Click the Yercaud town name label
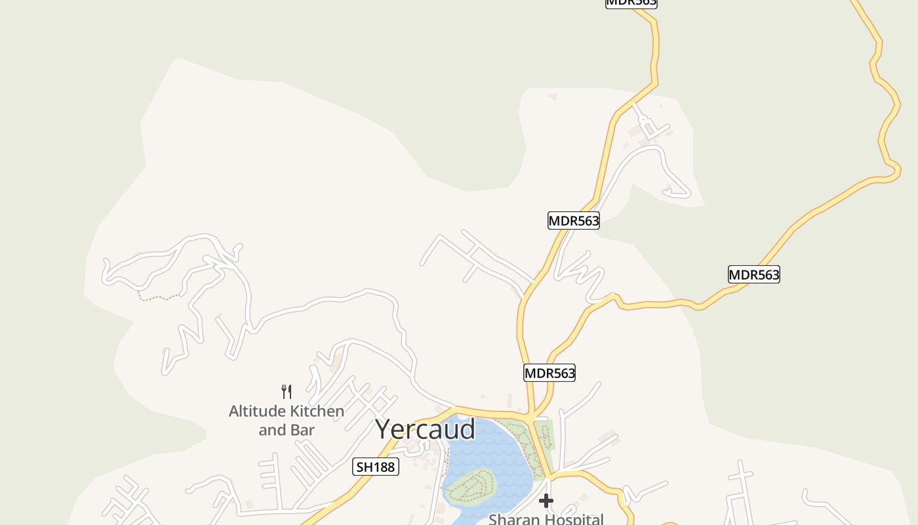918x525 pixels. (425, 429)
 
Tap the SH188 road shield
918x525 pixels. (376, 467)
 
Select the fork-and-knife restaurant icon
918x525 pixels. (287, 392)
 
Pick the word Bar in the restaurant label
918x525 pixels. (304, 430)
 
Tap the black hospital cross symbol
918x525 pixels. (546, 501)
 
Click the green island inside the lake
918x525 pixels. (470, 485)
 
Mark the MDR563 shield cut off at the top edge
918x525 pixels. (631, 3)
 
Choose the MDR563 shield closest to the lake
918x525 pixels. (549, 373)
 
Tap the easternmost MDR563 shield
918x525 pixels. (754, 274)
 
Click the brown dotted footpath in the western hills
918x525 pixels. (157, 297)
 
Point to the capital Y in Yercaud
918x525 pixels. (386, 430)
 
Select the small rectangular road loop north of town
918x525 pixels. (649, 129)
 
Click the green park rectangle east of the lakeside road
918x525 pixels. (545, 435)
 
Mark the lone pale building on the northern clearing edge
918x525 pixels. (553, 96)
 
